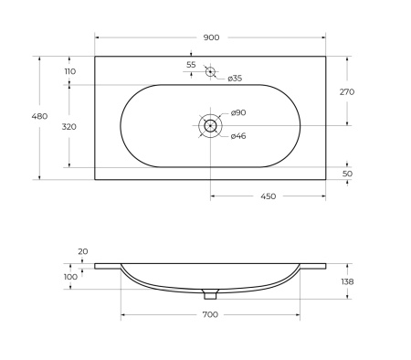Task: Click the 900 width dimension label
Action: [211, 37]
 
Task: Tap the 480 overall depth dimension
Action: [39, 116]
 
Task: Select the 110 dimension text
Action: [70, 71]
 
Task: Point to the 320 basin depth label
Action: [69, 127]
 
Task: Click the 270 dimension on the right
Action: [347, 91]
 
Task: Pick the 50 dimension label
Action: [347, 174]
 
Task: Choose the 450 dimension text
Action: [269, 196]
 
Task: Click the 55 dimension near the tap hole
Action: [191, 65]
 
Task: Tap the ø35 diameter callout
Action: [235, 79]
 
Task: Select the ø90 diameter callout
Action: [238, 112]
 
